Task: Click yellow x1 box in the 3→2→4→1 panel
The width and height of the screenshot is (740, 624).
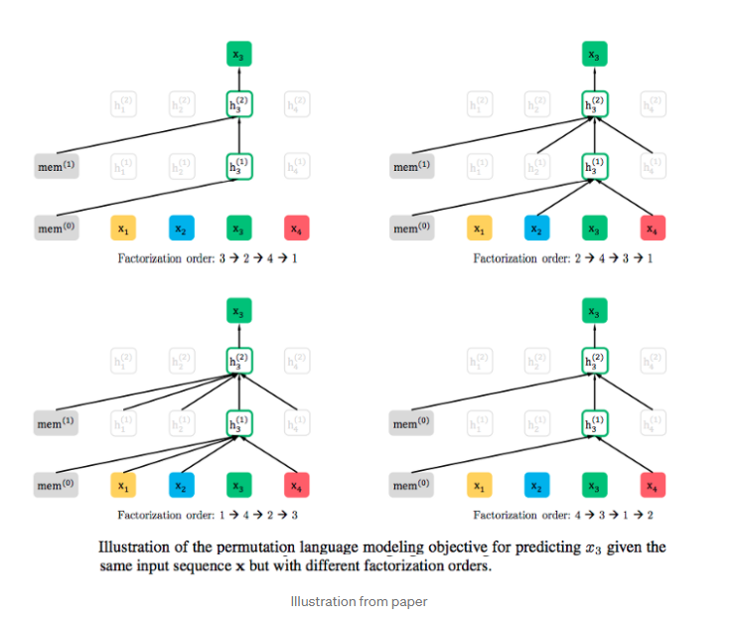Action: [122, 230]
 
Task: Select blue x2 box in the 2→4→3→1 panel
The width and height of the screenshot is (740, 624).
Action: [536, 230]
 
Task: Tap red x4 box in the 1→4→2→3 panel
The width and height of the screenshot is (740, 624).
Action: [295, 486]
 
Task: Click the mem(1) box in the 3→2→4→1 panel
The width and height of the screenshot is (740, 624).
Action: [55, 166]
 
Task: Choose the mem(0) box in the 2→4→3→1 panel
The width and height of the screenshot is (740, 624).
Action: [411, 230]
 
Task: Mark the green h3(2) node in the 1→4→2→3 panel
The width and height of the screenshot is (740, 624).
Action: [238, 360]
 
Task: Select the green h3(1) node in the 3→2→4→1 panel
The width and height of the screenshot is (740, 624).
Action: [238, 166]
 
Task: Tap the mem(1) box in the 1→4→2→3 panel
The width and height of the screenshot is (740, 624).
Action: [55, 423]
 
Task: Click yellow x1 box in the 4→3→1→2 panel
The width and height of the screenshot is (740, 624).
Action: [479, 486]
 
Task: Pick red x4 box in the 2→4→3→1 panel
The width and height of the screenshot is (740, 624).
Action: [652, 230]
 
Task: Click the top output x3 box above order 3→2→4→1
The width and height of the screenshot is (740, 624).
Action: [238, 56]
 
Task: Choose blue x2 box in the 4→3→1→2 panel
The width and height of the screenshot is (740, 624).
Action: [536, 486]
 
